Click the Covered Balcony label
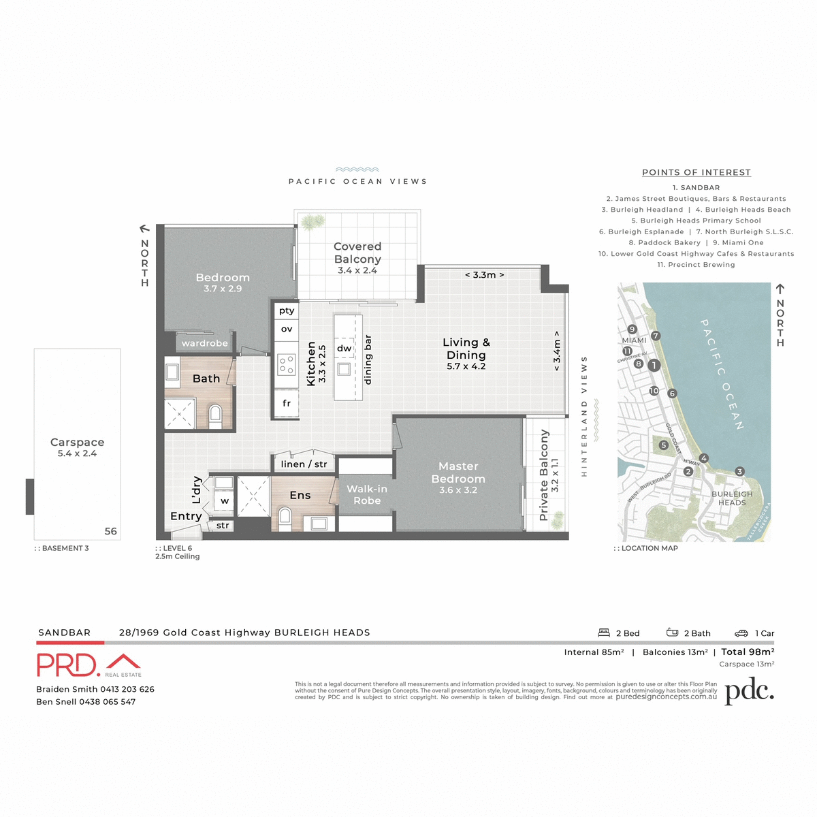point(357,253)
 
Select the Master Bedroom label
point(458,472)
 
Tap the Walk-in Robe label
point(366,494)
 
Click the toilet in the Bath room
point(215,414)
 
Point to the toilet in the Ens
point(284,519)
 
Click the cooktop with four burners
point(286,365)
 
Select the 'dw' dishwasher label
point(345,348)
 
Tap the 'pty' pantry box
point(287,310)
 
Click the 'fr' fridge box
point(287,403)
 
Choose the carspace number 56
point(110,531)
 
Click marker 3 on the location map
point(739,471)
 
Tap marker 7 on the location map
point(656,336)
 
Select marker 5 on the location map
point(663,445)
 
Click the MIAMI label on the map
point(634,340)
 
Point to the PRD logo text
point(68,665)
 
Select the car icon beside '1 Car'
point(741,633)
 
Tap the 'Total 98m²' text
point(748,652)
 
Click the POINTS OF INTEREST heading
point(696,173)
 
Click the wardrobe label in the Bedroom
point(204,343)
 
